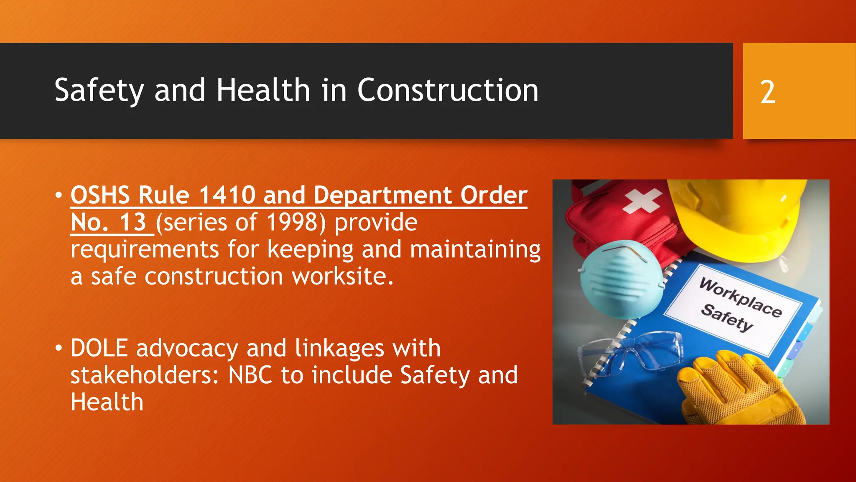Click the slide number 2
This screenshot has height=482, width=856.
point(767,92)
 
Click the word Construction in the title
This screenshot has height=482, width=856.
point(448,90)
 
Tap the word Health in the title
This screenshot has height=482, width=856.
point(263,90)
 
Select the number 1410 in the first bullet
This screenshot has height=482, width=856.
point(227,195)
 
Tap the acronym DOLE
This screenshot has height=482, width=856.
point(99,348)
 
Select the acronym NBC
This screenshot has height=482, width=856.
point(250,375)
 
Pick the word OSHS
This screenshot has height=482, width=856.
point(100,195)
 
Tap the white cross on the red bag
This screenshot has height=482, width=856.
point(641,200)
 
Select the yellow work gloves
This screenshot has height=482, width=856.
point(736,389)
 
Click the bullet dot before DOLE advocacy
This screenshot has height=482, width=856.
point(59,348)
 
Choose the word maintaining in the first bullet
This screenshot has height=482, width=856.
point(475,249)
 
